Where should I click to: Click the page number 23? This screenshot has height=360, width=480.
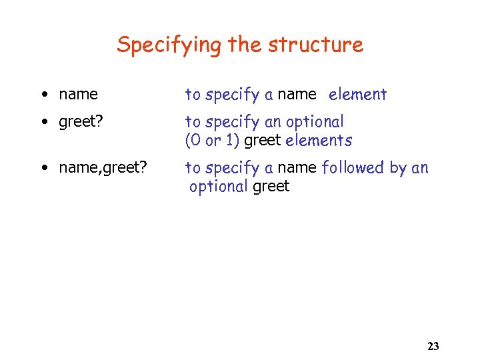433,346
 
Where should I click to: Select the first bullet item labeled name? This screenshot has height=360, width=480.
78,95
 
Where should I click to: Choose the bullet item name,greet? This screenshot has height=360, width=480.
103,168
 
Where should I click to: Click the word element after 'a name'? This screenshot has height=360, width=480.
357,95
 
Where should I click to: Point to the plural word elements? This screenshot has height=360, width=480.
318,141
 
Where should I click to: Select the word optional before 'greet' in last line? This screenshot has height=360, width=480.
218,187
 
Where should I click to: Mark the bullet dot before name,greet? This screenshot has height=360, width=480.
43,168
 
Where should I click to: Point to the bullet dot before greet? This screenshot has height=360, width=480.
43,122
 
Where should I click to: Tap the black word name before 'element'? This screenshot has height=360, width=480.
297,95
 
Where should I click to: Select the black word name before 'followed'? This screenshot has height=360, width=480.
297,168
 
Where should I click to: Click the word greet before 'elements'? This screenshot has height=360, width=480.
263,141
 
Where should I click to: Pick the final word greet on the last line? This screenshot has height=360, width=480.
271,187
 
